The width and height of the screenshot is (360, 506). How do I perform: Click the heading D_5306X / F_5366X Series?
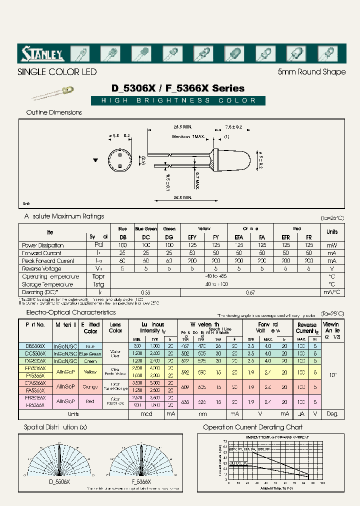click(178, 88)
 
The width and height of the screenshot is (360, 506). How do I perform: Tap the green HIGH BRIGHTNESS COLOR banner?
click(178, 100)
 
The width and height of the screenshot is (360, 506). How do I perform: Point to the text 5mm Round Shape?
click(311, 72)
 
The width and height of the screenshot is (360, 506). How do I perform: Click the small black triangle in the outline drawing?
click(96, 160)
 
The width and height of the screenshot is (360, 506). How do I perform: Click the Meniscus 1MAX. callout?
click(190, 136)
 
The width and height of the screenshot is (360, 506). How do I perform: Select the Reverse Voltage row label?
click(42, 268)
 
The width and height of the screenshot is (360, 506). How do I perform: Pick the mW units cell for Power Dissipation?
click(331, 245)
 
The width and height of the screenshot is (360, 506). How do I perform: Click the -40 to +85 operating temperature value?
click(215, 276)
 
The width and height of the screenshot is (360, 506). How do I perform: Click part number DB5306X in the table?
click(34, 345)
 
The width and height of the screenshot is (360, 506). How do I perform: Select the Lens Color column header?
click(115, 327)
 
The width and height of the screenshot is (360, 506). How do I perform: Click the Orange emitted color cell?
click(90, 386)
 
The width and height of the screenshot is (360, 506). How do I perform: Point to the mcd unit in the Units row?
click(146, 414)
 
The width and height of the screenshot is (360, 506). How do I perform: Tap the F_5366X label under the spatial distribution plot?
click(141, 481)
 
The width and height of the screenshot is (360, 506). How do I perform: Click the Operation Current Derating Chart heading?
click(252, 427)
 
